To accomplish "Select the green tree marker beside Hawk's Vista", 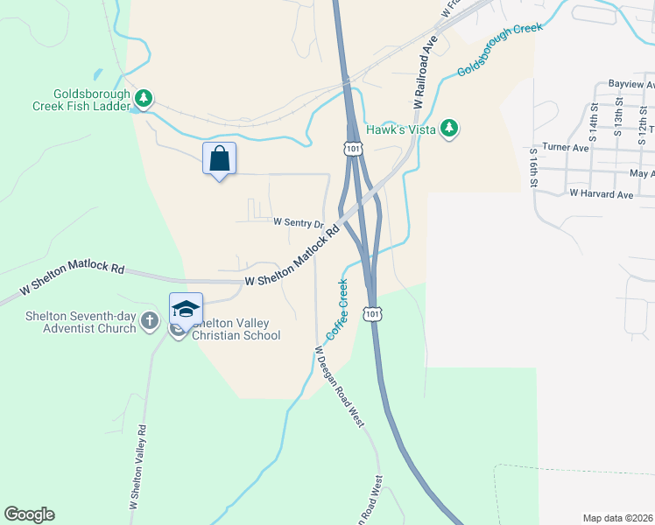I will (x=449, y=128).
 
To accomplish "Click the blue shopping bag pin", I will (x=219, y=159).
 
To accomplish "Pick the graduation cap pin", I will (x=186, y=309).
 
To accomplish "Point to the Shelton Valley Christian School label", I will (x=236, y=329).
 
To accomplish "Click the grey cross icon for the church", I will (x=150, y=321).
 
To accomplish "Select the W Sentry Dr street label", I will (x=299, y=223).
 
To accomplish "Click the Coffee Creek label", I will (x=338, y=309).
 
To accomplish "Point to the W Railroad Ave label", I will (x=426, y=73).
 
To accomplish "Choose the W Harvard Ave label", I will (x=601, y=193).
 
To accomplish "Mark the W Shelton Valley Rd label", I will (x=138, y=467).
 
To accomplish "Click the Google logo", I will (x=29, y=514).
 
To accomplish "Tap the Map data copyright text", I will (x=618, y=518).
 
